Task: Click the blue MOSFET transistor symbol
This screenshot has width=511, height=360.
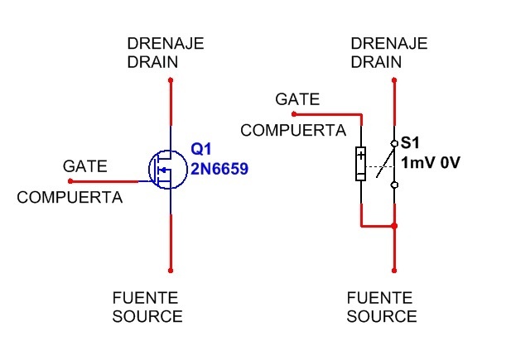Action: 166,170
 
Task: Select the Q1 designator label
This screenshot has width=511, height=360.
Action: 202,150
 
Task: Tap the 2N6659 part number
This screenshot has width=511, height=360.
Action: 219,169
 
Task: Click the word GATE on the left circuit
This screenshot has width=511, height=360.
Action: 85,166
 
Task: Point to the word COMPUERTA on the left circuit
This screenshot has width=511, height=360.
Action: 70,198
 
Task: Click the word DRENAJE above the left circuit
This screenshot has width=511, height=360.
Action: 166,43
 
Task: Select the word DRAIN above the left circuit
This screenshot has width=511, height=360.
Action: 152,61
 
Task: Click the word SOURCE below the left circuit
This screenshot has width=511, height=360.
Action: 147,316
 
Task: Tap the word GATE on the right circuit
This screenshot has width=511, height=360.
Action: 297,99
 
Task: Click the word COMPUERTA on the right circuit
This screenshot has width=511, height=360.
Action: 293,130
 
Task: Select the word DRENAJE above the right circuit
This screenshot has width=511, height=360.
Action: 389,43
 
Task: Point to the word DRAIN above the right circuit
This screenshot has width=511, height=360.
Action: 376,61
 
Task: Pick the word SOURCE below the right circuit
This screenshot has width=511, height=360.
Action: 382,316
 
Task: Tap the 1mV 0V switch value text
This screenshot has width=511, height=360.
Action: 430,162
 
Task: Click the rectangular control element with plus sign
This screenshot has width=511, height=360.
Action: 361,163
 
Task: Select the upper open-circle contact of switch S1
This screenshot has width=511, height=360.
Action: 394,143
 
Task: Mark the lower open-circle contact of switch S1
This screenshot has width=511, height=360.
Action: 394,185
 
